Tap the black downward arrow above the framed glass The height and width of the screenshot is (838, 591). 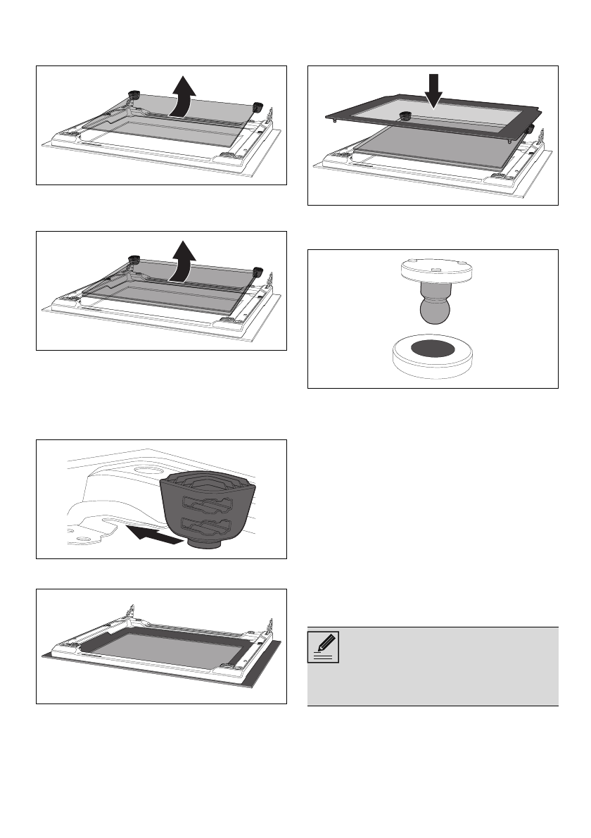(434, 89)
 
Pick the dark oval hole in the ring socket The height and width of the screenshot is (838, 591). (433, 347)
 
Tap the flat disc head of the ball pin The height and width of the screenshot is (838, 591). (433, 268)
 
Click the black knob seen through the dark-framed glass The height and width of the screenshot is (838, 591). (405, 117)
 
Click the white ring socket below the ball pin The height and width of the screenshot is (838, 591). (433, 357)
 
